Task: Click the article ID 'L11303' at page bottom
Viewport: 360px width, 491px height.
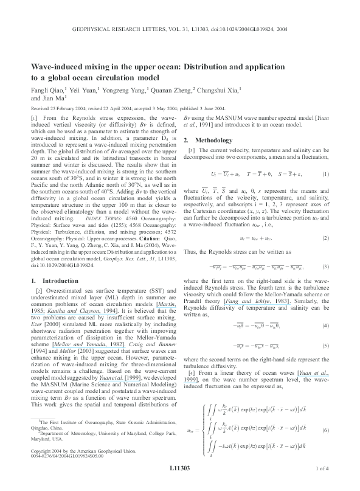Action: tap(179, 468)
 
